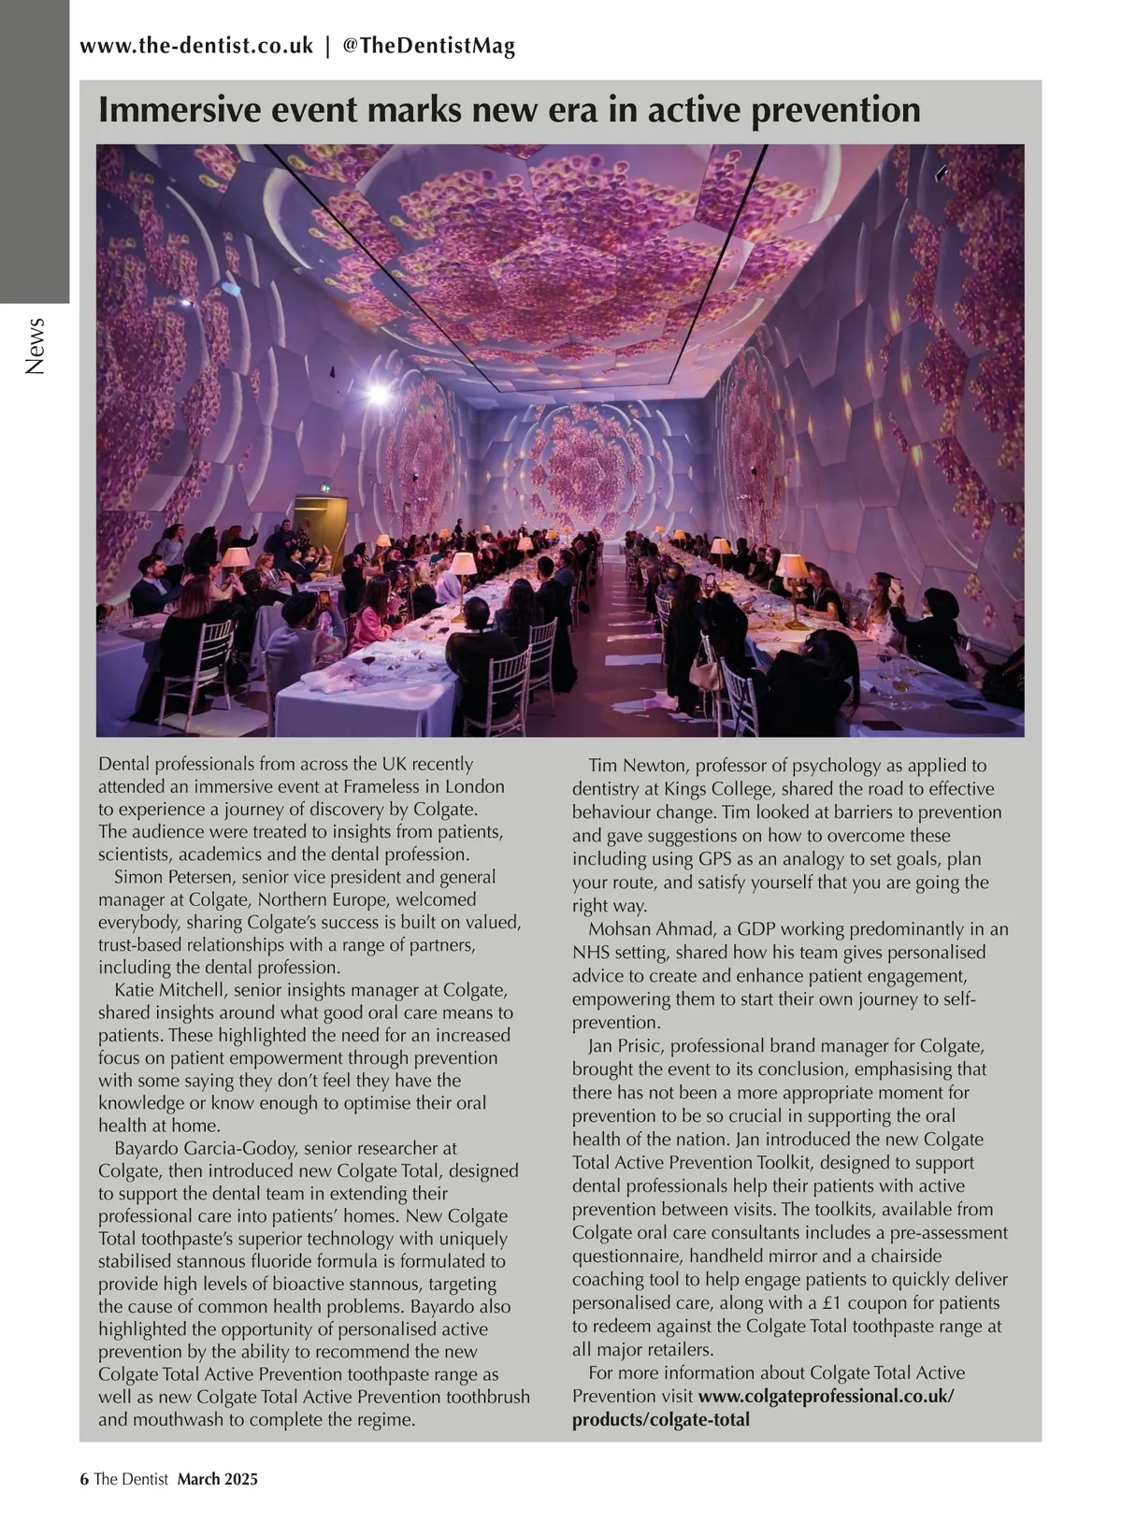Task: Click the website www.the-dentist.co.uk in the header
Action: pyautogui.click(x=196, y=46)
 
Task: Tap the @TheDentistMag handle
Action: pyautogui.click(x=429, y=46)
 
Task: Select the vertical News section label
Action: pyautogui.click(x=36, y=346)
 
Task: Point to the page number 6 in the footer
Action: pyautogui.click(x=84, y=1479)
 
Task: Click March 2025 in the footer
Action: pyautogui.click(x=217, y=1479)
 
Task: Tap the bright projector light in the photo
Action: pyautogui.click(x=377, y=395)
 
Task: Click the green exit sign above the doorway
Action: pyautogui.click(x=323, y=486)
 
